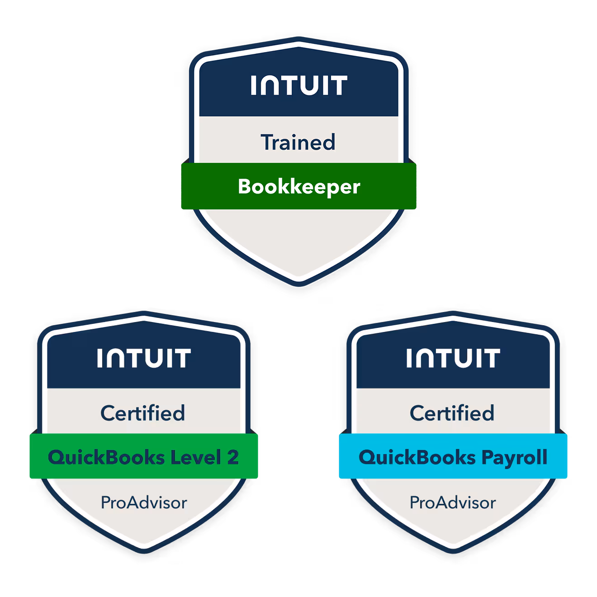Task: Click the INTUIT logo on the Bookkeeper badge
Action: coord(299,85)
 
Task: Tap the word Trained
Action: coord(298,142)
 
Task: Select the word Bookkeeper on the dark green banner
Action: coord(299,187)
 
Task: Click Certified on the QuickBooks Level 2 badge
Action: coord(142,413)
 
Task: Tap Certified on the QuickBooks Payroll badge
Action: coord(452,413)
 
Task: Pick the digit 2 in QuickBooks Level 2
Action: coord(233,457)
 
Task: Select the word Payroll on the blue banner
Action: coord(514,457)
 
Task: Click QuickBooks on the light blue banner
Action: coord(417,457)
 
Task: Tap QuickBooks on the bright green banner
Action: coord(106,457)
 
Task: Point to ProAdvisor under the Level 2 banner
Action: coord(144,502)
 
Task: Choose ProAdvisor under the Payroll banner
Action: coord(453,502)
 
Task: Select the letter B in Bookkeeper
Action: coord(244,186)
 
